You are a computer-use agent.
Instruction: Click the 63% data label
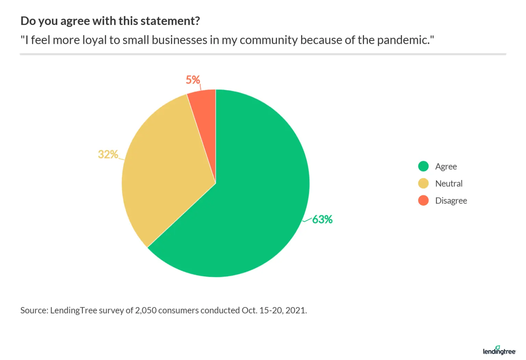click(322, 219)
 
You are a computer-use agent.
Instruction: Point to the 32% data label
click(108, 154)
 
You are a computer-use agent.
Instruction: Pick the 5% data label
click(193, 80)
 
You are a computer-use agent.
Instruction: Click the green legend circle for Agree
click(423, 166)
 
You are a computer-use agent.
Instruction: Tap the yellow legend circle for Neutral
click(423, 183)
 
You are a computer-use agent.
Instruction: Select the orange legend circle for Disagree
click(423, 201)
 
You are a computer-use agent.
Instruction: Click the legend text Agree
click(446, 167)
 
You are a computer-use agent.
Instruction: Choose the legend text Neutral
click(449, 184)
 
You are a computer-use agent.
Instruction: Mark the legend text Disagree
click(451, 201)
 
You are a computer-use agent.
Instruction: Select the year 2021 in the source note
click(296, 310)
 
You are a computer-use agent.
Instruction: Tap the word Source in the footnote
click(34, 310)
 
